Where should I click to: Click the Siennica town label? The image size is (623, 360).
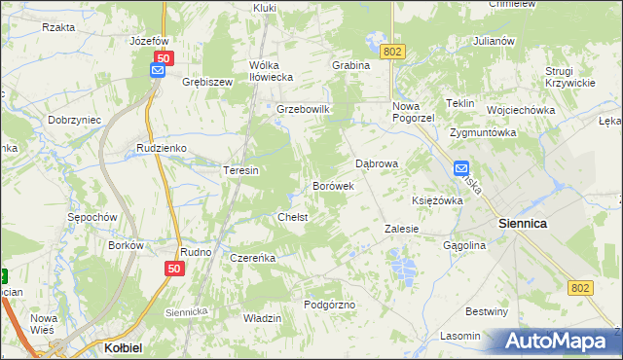523,223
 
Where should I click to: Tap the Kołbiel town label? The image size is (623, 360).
124,346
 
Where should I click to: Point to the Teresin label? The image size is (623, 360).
240,170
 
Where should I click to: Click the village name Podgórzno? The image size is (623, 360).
330,305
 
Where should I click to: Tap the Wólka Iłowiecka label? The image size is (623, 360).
271,72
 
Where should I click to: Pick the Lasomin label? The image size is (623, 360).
459,336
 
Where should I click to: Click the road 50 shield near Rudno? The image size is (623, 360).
174,269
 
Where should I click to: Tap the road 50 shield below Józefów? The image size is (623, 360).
164,58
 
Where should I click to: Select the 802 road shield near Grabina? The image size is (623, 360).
392,51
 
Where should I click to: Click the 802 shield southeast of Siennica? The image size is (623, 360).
580,287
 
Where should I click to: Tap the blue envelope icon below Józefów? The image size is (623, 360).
158,71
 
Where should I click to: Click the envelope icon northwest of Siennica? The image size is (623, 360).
461,167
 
